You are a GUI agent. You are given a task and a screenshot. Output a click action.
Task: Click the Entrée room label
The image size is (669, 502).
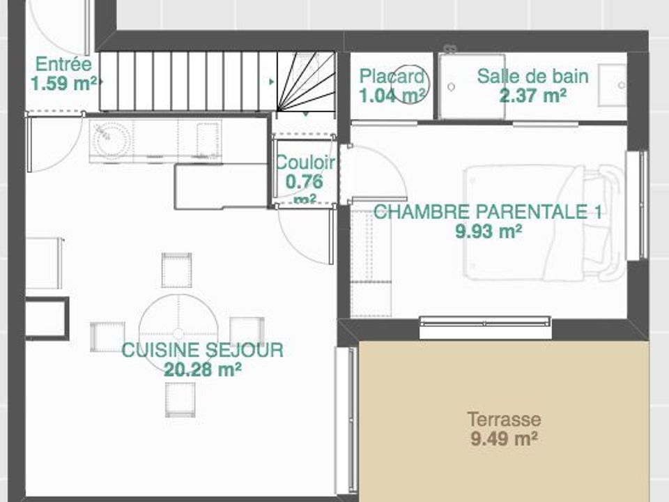click(x=63, y=64)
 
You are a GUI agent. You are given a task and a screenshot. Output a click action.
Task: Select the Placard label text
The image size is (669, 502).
click(x=392, y=77)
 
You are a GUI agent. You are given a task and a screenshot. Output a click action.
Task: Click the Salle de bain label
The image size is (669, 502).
click(x=532, y=77)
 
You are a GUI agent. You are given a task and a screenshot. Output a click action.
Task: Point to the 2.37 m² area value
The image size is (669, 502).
click(x=533, y=96)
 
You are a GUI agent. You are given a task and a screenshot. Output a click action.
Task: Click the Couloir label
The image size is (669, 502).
click(x=305, y=162)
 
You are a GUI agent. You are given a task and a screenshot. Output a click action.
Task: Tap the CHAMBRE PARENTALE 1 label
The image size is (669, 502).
click(x=488, y=212)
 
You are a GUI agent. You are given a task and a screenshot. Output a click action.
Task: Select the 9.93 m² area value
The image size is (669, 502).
click(x=489, y=231)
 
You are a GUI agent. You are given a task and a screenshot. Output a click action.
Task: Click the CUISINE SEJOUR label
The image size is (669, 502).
click(x=203, y=350)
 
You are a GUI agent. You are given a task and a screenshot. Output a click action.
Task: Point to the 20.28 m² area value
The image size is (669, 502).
click(x=203, y=370)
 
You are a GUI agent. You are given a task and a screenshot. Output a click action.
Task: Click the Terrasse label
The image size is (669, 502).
click(x=505, y=419)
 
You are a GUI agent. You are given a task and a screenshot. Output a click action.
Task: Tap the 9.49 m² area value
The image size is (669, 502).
click(x=504, y=439)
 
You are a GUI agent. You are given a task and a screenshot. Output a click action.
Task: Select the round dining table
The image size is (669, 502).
click(x=179, y=333)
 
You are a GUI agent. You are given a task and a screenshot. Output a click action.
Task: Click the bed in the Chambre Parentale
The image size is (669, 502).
click(x=544, y=223)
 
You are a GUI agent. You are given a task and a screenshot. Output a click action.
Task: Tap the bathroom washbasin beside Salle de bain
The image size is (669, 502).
click(x=613, y=85)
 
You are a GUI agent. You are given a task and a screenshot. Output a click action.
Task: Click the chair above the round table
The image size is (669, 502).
click(x=176, y=271)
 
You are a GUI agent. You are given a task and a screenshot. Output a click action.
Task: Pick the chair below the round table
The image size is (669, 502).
click(x=180, y=400)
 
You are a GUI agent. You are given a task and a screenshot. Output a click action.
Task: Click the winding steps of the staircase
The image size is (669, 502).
click(x=305, y=82)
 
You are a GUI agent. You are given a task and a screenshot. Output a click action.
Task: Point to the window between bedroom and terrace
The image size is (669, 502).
click(x=485, y=328)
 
